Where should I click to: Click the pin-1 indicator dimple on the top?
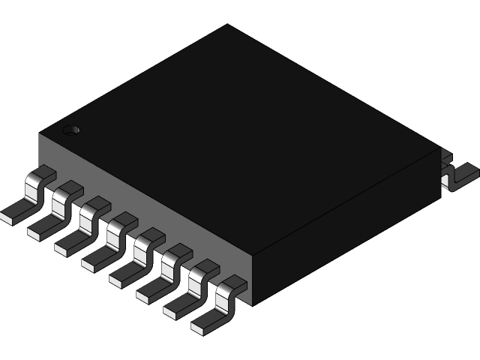[x=71, y=130]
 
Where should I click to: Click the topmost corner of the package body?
[x=227, y=25]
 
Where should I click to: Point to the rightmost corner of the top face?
[x=440, y=148]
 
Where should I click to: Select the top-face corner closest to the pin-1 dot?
[x=40, y=134]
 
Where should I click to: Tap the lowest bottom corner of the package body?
[x=253, y=305]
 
